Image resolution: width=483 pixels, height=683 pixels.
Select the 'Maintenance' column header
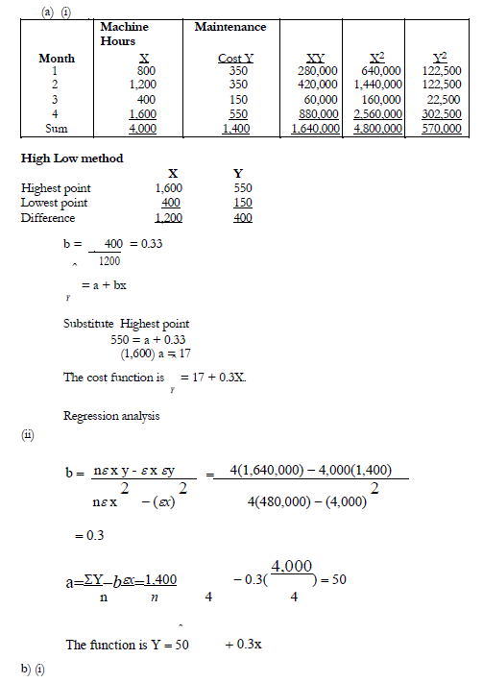230,27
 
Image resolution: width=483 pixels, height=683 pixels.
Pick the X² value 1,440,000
377,85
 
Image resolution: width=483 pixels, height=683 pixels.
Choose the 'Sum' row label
57,127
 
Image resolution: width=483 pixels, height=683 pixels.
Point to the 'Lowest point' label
54,203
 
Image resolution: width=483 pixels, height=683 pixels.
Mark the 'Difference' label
48,217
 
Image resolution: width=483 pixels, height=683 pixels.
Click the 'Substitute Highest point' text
126,324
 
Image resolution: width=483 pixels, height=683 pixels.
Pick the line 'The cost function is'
114,378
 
